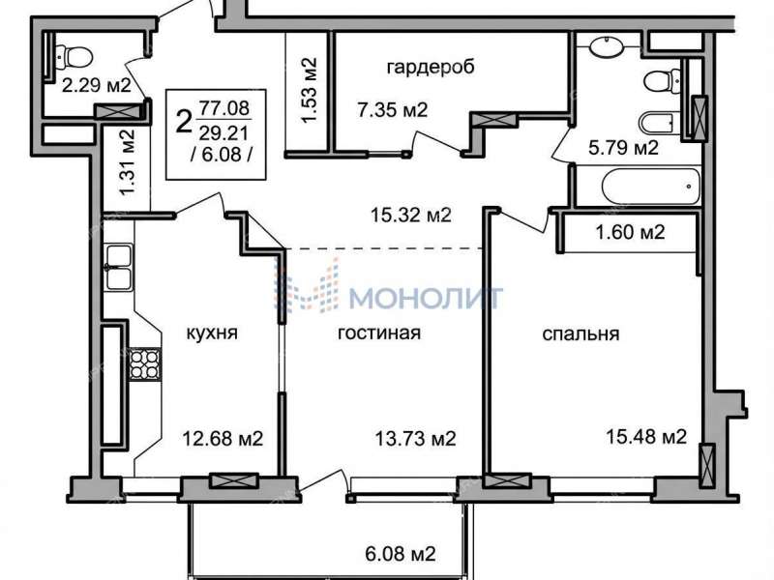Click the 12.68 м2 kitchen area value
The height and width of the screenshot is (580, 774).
coord(223,438)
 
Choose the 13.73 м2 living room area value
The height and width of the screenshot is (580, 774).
coord(415,438)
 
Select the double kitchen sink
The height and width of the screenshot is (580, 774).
coord(120,267)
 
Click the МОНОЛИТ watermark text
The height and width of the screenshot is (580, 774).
coord(426,296)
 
